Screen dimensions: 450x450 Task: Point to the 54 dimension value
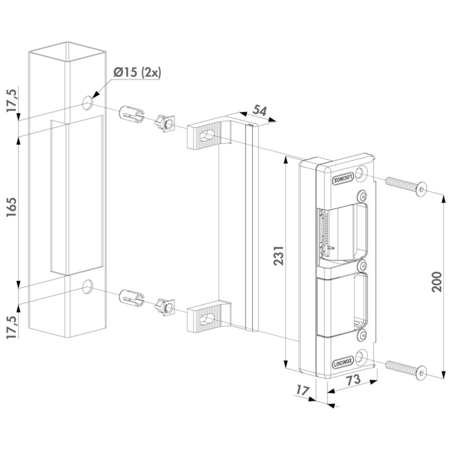[x=259, y=111]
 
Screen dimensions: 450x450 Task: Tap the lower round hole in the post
[x=87, y=287]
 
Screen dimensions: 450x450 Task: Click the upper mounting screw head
[x=422, y=189]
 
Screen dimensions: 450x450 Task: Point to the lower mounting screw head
[x=422, y=371]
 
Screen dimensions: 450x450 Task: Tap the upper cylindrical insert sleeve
[x=130, y=114]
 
